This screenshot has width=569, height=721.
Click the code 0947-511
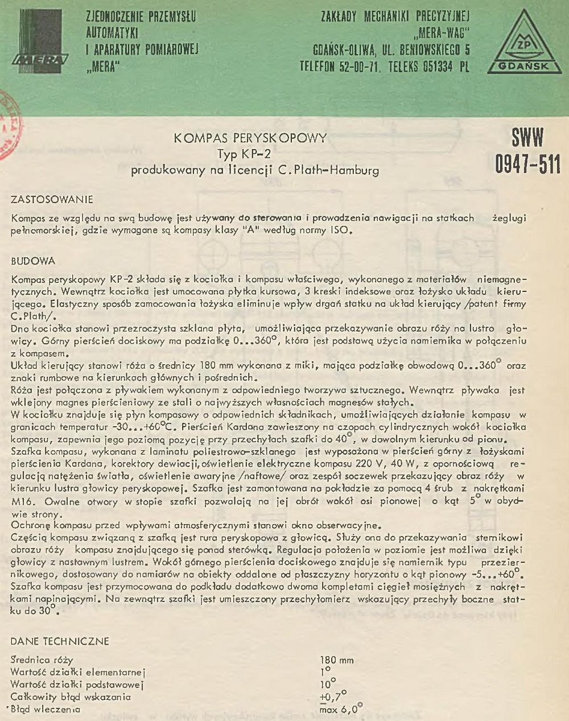[x=527, y=164]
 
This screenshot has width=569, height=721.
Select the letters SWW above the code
[x=527, y=138]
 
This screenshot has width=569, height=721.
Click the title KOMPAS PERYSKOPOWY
[x=250, y=138]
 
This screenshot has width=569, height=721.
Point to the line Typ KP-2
[x=244, y=154]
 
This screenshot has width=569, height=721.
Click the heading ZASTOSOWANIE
[x=52, y=200]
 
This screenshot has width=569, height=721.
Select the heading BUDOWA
[x=33, y=261]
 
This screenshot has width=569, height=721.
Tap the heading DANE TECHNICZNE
[x=60, y=641]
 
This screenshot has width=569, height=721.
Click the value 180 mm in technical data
[x=337, y=660]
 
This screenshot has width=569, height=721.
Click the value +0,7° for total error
[x=333, y=697]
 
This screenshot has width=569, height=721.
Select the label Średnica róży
[x=42, y=660]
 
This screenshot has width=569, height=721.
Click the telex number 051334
[x=438, y=67]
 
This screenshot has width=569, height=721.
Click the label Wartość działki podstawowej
[x=77, y=685]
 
